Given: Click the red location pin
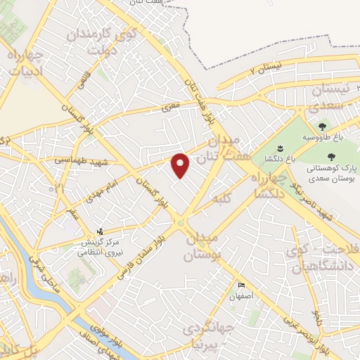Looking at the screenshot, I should (181, 165).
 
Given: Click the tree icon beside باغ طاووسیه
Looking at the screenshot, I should (322, 127).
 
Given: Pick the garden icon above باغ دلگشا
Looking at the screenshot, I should (279, 148).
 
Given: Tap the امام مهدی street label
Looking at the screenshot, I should (104, 188).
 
